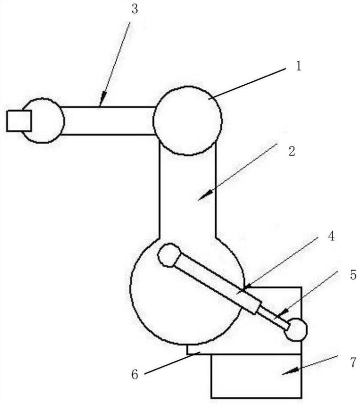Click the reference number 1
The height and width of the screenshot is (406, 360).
(299, 66)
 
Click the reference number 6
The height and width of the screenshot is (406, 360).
(135, 375)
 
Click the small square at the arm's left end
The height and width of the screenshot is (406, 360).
(19, 121)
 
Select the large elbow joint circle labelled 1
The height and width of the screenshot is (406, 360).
(187, 121)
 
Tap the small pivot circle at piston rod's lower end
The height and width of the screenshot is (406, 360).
(296, 330)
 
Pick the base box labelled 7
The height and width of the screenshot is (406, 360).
(256, 376)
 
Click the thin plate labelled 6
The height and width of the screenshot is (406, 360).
(199, 350)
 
